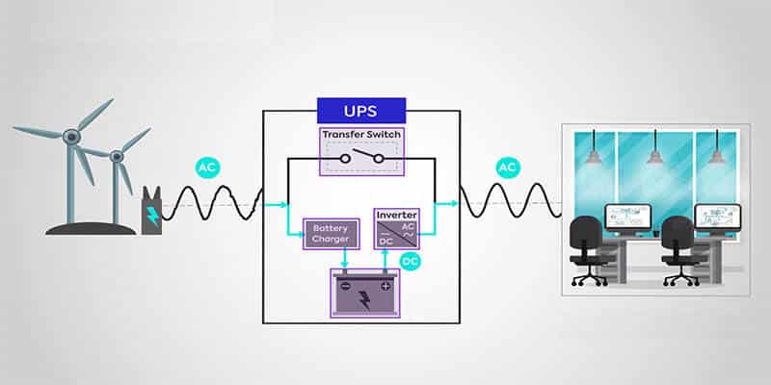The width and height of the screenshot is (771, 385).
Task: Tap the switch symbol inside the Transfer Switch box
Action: coord(361,157)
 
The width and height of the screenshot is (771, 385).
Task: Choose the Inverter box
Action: coord(397,229)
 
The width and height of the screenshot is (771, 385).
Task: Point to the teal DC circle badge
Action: coord(411,261)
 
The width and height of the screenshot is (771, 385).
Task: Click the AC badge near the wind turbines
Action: coord(206,167)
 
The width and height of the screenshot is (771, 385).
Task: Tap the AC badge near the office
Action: coord(508,167)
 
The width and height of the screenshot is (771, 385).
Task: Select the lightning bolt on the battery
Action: coord(361,295)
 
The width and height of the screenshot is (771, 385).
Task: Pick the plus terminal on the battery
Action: coord(385,285)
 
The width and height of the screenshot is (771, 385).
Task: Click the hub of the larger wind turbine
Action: coord(71,137)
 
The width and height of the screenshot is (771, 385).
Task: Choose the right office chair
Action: coord(678,246)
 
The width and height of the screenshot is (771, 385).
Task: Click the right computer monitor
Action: coord(716,216)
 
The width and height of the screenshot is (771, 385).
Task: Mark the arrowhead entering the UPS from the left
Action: coord(282,204)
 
